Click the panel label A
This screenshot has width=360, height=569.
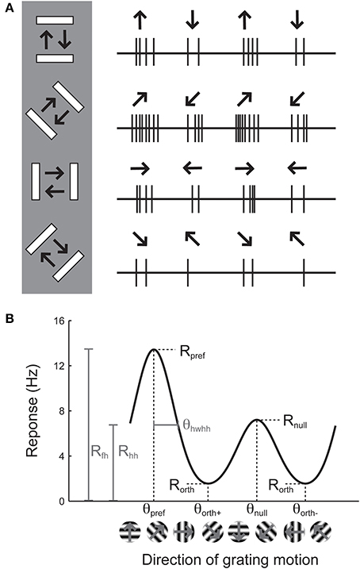click(x=8, y=8)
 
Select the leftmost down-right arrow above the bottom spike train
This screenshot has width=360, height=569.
click(x=140, y=242)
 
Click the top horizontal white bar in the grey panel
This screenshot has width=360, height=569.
click(x=56, y=21)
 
